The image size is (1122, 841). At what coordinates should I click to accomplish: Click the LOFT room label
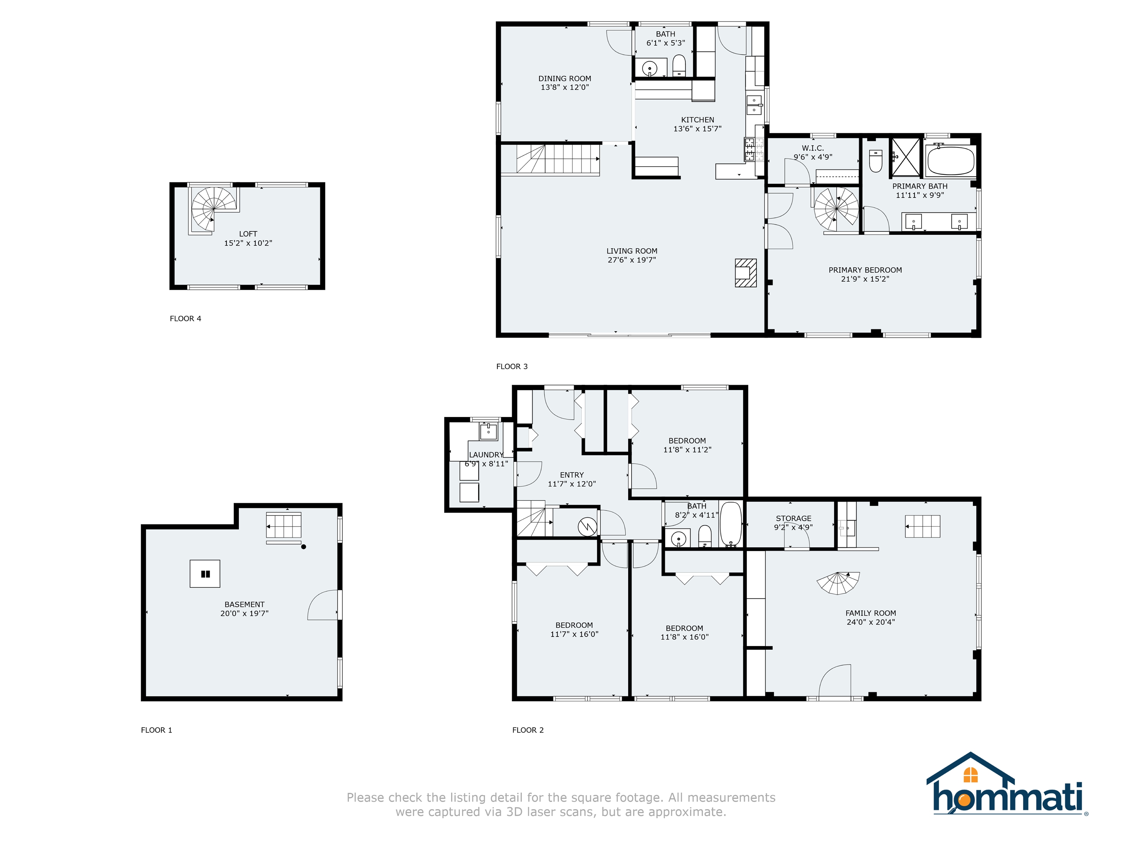(248, 234)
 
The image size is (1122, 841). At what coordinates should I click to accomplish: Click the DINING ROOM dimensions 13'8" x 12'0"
(565, 87)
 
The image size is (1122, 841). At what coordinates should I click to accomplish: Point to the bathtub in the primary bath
(951, 160)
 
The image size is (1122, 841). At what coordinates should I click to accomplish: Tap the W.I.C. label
(813, 148)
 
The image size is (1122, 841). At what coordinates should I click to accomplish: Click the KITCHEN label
(698, 120)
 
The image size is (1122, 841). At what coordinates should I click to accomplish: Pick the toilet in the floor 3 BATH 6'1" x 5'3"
(679, 66)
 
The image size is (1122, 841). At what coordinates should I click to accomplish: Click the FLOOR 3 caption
(512, 366)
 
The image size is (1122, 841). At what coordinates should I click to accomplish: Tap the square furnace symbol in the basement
(205, 574)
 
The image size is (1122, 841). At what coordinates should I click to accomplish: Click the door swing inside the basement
(323, 605)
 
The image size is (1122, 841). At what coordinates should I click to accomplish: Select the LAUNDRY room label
(486, 455)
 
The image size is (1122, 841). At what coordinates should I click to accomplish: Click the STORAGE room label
(793, 519)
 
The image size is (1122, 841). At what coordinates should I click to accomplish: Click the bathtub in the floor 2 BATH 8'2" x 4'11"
(730, 525)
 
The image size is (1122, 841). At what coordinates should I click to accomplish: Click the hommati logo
(1007, 785)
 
